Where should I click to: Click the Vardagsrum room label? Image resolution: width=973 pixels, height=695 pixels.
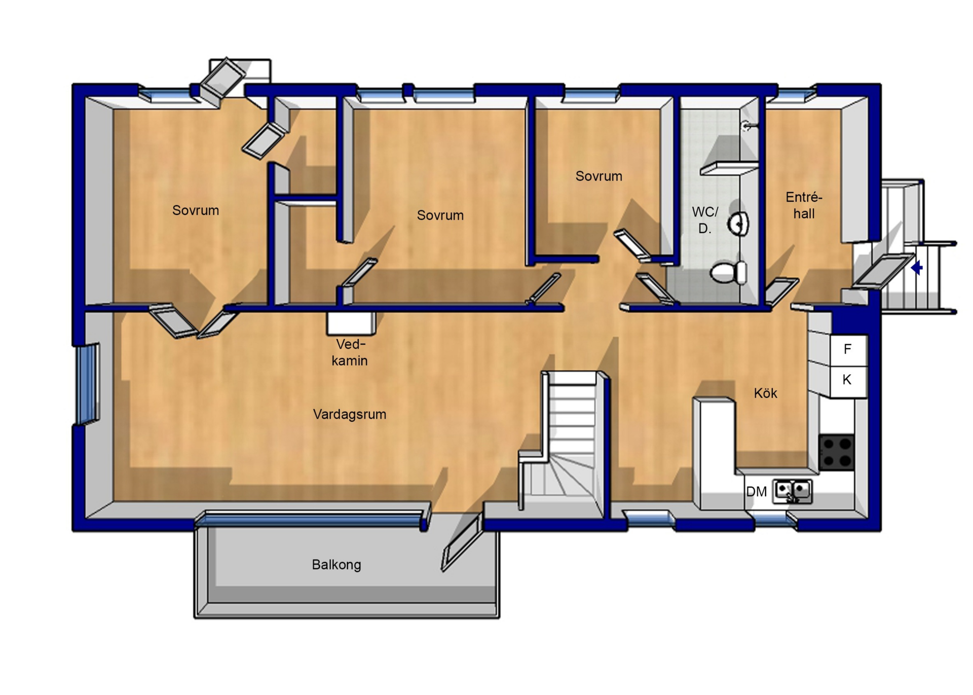pos(350,415)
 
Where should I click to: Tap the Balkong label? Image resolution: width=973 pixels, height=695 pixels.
pos(336,565)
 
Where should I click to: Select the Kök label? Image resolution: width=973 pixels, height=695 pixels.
pos(765,393)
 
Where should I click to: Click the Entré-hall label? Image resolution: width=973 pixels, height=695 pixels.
pos(804,205)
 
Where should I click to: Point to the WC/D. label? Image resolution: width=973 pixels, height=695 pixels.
pos(705,220)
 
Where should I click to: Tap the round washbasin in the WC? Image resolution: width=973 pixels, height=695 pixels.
pos(738,224)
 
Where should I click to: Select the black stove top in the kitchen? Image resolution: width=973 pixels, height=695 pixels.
pos(837,452)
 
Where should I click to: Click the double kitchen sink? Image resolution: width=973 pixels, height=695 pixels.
pos(793,491)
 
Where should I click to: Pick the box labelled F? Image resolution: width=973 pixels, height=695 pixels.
pos(848,350)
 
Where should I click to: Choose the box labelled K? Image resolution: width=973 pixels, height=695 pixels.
pos(848,381)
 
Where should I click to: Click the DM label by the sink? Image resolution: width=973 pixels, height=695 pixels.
pos(757,492)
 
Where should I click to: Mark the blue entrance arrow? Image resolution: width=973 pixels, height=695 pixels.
pos(917,268)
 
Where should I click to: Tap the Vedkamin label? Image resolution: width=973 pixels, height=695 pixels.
pos(350,353)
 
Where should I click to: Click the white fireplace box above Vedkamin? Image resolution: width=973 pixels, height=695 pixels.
pos(351,323)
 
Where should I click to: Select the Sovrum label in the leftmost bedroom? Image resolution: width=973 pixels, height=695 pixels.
pos(196,210)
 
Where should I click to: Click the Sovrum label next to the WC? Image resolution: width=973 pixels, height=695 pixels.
pos(599,176)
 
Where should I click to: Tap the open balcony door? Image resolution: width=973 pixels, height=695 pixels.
pos(462,543)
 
